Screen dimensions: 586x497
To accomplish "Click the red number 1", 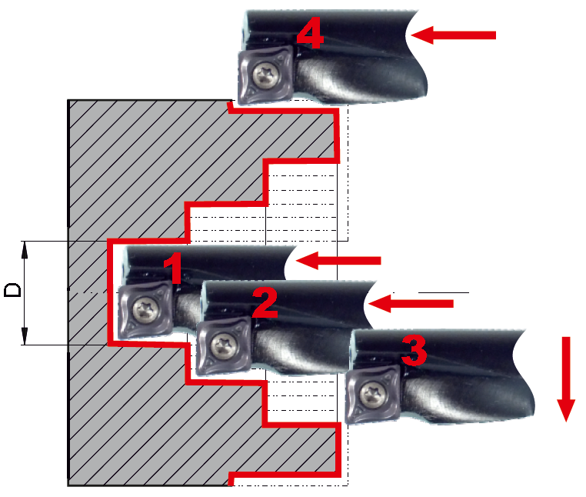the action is click(173, 268).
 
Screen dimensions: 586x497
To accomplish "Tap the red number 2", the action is click(265, 302).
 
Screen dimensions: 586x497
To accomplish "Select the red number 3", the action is click(414, 350).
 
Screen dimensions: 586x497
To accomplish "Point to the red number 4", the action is click(310, 33).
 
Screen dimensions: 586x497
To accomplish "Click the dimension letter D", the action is click(13, 290).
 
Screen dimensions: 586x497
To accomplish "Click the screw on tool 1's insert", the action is click(146, 310).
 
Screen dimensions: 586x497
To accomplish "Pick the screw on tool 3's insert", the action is click(373, 394).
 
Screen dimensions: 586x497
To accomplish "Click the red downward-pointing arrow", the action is click(566, 379).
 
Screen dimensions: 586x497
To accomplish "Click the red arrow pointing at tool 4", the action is click(453, 35).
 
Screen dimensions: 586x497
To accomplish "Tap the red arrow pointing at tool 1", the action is click(338, 261).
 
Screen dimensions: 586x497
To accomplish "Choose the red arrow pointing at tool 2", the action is click(411, 303).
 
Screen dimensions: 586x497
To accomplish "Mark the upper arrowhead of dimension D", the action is click(25, 249).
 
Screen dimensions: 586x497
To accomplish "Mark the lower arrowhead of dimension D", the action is click(25, 335).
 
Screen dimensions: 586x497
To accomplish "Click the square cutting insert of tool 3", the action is click(373, 394).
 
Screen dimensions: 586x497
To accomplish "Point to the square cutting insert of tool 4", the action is click(265, 75).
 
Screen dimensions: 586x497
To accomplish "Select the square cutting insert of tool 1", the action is click(145, 310).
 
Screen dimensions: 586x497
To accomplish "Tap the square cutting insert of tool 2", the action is click(224, 345).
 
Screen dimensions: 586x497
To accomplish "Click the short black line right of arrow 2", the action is click(444, 292).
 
